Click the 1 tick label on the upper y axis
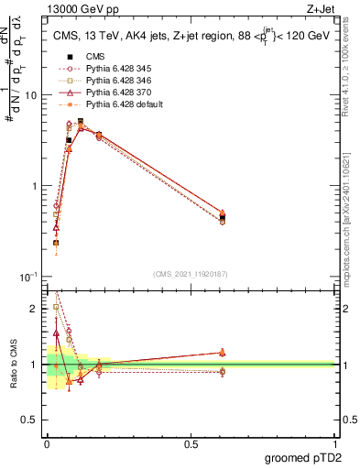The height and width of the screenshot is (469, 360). coord(33,186)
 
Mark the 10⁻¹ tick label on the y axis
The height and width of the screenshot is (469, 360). coord(27,276)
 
